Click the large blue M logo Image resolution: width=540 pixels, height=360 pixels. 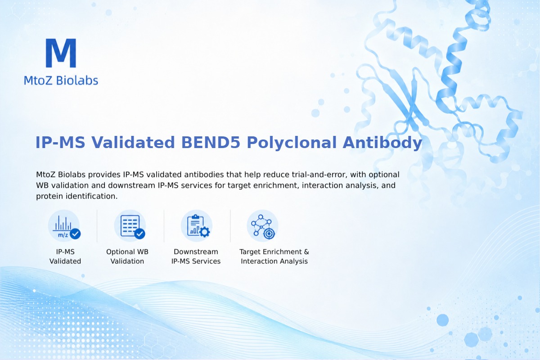tap(61, 53)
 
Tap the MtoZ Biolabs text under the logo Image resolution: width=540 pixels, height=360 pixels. tap(61, 80)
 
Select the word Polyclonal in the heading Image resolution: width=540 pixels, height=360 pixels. tap(292, 143)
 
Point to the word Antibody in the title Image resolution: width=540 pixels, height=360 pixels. tap(382, 143)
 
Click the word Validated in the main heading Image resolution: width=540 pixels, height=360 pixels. tap(133, 142)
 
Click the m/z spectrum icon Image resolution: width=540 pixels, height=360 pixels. tap(64, 226)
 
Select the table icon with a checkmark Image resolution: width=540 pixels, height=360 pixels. tap(130, 226)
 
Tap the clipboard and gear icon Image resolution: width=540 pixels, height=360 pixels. tap(197, 226)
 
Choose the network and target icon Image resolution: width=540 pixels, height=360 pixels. tap(262, 226)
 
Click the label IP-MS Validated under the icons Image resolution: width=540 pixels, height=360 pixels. tap(65, 256)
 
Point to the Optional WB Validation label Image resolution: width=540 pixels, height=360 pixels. tap(127, 256)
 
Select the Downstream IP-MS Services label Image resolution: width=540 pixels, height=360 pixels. tap(196, 256)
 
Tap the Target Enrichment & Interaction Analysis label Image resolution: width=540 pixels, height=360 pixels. tap(274, 256)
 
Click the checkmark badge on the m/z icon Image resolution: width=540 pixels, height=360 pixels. tap(75, 234)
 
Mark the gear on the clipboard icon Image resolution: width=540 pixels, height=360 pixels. tap(205, 232)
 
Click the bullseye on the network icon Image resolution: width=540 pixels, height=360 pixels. tap(269, 234)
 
